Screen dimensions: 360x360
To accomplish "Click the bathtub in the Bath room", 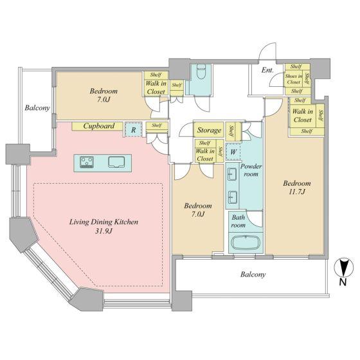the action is point(246,243).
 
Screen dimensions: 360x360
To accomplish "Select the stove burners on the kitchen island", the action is point(87,161).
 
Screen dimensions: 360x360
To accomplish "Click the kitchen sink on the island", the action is point(116,162).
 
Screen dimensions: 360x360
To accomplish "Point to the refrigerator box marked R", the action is point(134,130).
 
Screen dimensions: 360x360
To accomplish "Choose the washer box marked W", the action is point(233,152).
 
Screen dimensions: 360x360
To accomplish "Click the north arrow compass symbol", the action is point(343,268).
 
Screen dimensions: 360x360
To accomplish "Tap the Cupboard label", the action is point(99,126).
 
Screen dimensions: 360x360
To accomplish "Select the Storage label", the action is point(209,130).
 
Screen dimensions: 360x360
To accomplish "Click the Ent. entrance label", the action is point(267,70).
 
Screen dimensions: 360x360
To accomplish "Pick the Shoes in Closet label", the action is point(294,78).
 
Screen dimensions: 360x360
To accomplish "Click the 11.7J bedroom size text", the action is point(297,192).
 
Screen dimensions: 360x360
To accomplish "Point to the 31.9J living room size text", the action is point(104,231).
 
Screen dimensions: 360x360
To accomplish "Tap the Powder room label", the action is point(251,170).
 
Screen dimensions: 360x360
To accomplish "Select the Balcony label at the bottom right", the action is point(253,274).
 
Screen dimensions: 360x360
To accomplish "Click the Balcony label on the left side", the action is point(37,108).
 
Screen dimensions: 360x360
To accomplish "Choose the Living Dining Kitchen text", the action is point(104,222).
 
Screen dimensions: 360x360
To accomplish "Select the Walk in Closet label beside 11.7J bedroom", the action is point(303,116).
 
